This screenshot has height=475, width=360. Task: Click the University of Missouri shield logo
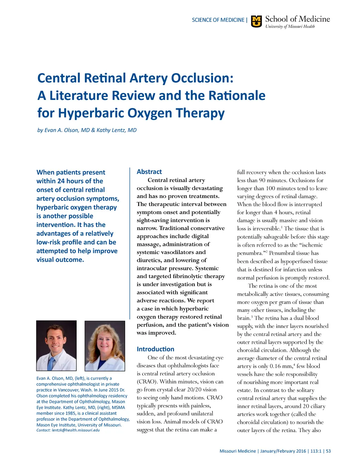coord(257,21)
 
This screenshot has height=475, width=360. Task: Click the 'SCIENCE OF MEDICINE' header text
coord(218,20)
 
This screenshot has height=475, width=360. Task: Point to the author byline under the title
coord(87,130)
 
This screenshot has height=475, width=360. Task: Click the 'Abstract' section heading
coord(149,172)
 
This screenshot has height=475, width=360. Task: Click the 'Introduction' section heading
coord(155,349)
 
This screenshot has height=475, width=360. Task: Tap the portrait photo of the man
coord(56,346)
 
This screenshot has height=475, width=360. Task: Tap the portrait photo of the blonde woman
coord(105,346)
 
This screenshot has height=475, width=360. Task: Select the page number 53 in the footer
coord(328,451)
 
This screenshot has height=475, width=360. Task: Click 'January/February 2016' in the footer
coord(283,451)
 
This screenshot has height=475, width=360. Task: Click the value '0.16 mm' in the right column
coord(281,366)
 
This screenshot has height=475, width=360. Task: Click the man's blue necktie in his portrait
coord(52,362)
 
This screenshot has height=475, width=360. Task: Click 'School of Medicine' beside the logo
coord(297,19)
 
